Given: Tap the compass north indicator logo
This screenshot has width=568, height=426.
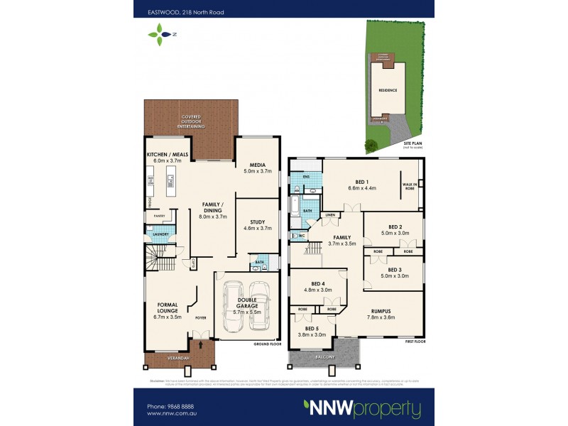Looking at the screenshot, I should [160, 33].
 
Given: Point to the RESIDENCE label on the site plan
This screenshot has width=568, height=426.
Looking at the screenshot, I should [387, 91].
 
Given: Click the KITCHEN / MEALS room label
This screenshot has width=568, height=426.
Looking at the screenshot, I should [167, 154].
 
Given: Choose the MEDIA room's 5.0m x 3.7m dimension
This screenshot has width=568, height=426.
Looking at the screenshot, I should [258, 171].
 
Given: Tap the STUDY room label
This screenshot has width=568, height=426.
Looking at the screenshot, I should [258, 222].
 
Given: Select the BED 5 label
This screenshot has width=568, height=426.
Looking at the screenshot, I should [312, 328].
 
